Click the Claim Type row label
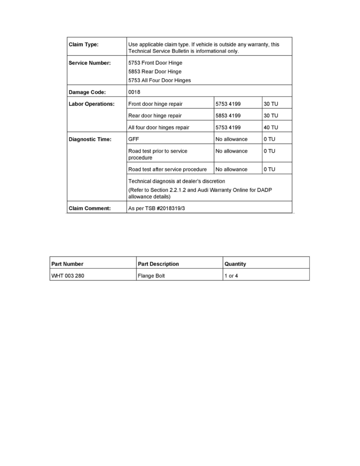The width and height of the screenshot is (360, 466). click(84, 45)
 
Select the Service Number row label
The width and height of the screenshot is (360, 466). click(89, 63)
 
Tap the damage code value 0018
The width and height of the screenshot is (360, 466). click(135, 92)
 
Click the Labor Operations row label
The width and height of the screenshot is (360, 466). click(92, 104)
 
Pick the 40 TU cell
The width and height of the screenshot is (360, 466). click(271, 127)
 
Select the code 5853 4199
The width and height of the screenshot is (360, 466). click(228, 116)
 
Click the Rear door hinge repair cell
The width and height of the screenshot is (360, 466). click(155, 116)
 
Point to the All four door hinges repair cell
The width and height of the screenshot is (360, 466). click(159, 127)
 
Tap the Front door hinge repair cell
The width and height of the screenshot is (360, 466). click(155, 104)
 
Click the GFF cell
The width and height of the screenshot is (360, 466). click(134, 139)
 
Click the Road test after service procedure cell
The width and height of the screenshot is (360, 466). click(167, 169)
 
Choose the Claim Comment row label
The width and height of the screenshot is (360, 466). click(90, 209)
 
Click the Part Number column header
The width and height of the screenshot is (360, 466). click(67, 264)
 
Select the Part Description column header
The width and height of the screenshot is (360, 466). click(158, 264)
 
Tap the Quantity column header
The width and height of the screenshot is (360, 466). click(235, 264)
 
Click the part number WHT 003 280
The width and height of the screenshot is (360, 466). click(68, 276)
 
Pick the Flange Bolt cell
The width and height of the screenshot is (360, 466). click(151, 276)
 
